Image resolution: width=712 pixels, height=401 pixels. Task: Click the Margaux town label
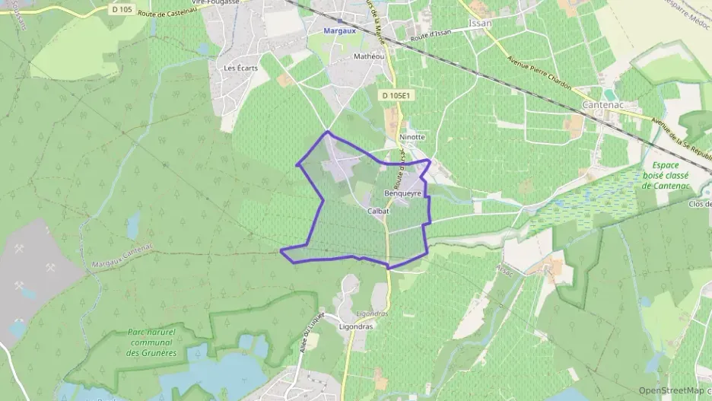click(x=339, y=31)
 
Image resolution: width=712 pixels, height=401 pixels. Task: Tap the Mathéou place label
click(x=369, y=56)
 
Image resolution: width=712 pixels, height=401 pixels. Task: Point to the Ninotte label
click(x=412, y=137)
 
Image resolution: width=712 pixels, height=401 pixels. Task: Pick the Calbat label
click(x=378, y=211)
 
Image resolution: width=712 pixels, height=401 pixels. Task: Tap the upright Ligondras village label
click(x=355, y=326)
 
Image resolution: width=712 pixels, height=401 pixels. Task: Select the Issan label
click(x=481, y=24)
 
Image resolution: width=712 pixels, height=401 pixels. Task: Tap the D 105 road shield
click(x=121, y=10)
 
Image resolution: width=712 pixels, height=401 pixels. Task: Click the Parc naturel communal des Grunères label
click(x=152, y=342)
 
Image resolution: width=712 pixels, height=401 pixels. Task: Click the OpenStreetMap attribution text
click(x=670, y=390)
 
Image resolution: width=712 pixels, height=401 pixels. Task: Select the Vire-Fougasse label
click(x=217, y=2)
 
